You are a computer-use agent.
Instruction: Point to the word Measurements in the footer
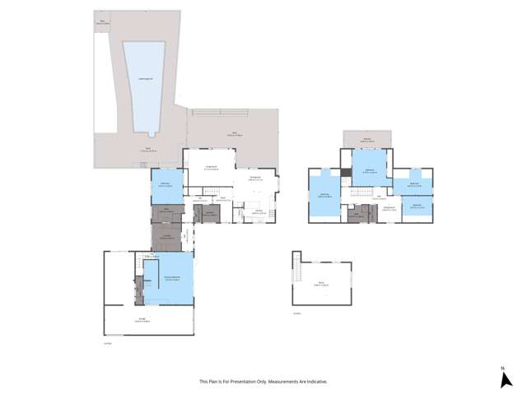pyautogui.click(x=286, y=382)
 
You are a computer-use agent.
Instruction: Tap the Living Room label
pyautogui.click(x=210, y=168)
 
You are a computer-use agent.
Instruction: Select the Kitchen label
pyautogui.click(x=258, y=211)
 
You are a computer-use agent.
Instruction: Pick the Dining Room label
pyautogui.click(x=255, y=178)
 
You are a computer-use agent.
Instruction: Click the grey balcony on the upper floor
pyautogui.click(x=366, y=140)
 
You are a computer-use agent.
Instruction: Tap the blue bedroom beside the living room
pyautogui.click(x=165, y=185)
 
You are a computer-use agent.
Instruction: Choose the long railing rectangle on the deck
pyautogui.click(x=218, y=113)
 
